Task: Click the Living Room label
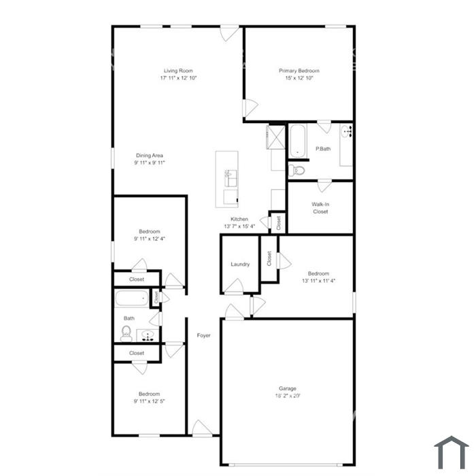(177, 71)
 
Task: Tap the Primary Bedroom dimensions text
(299, 78)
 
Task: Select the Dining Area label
(150, 155)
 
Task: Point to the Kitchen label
(239, 219)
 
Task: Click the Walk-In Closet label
(320, 207)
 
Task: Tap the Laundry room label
(240, 265)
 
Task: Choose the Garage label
(287, 388)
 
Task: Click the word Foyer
(203, 336)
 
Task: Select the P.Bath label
(323, 149)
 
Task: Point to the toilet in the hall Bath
(126, 333)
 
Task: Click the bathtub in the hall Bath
(131, 299)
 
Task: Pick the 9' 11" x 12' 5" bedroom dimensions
(149, 401)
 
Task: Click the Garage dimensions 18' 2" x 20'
(287, 396)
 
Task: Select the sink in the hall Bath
(148, 334)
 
